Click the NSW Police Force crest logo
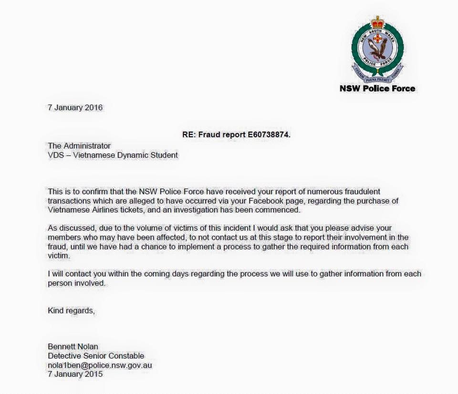point(377,48)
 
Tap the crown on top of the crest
point(377,22)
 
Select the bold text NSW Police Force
point(377,88)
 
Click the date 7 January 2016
point(75,107)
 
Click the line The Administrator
point(79,145)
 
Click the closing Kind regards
point(72,311)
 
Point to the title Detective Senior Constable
point(96,356)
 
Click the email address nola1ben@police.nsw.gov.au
point(100,365)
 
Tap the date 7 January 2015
point(75,374)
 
